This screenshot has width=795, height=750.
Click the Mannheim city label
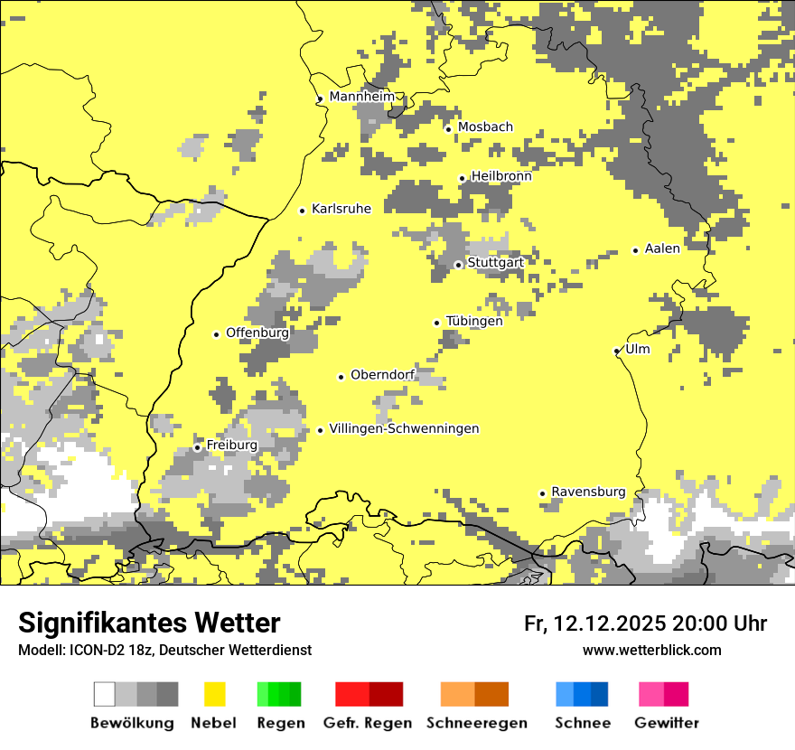point(361,97)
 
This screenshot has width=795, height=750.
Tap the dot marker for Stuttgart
point(458,265)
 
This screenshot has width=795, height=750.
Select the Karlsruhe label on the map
point(341,209)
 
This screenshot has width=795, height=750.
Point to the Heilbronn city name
point(501,176)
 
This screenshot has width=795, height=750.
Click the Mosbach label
point(485,127)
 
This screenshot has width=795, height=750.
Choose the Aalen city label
point(662,248)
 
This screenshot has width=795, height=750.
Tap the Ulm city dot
point(616,352)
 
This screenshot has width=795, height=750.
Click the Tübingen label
point(474,322)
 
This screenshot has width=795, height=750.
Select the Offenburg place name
point(257,333)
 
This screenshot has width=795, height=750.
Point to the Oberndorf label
point(382,375)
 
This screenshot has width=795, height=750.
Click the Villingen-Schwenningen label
point(404,428)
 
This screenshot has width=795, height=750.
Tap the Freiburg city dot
point(197,447)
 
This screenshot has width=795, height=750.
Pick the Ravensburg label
point(588,492)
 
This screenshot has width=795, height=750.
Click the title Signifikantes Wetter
point(149,623)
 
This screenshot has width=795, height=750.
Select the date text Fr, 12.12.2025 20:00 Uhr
point(645,623)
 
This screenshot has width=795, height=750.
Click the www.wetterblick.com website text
point(651,650)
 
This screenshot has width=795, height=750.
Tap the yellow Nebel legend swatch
point(215,694)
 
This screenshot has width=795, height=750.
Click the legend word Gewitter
point(666,723)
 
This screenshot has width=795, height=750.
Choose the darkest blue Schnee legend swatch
point(599,694)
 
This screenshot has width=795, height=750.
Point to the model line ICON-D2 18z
point(164,650)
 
